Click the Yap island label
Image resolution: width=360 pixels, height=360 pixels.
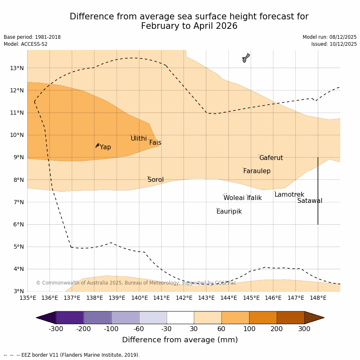pos(105,147)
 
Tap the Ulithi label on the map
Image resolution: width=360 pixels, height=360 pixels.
pos(139,139)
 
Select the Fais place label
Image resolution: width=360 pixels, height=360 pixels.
pos(155,143)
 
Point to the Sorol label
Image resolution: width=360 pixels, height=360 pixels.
pos(155,180)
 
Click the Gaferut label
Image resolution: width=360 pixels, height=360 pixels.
pos(271,158)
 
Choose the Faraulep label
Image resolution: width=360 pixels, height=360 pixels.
pos(256,171)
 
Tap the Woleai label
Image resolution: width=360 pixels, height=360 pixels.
pos(234,198)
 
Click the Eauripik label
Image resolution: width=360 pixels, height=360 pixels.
pos(229,212)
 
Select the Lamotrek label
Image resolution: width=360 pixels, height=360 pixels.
pos(289,195)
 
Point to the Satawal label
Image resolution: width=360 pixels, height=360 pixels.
pos(310,201)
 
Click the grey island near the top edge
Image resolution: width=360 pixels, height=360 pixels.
pos(246,58)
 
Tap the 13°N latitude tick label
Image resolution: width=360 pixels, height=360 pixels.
pos(16,68)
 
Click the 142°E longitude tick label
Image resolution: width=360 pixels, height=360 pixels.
pos(184,298)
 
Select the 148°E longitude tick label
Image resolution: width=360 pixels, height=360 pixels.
pos(318,298)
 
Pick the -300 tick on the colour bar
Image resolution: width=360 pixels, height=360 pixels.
pos(56,329)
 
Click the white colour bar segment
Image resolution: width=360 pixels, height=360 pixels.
pos(180,318)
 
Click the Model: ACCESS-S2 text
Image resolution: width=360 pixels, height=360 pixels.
pos(26,44)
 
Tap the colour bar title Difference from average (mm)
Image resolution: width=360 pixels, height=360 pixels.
pos(180,340)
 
